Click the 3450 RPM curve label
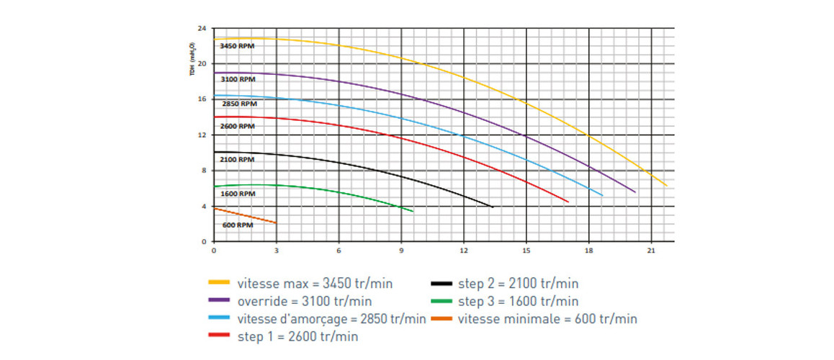pyautogui.click(x=237, y=46)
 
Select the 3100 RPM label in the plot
pyautogui.click(x=237, y=78)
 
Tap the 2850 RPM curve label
pyautogui.click(x=237, y=104)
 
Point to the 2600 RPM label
pyautogui.click(x=237, y=126)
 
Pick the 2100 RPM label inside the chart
pyautogui.click(x=237, y=160)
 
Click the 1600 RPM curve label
pyautogui.click(x=237, y=194)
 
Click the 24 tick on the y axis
pyautogui.click(x=202, y=29)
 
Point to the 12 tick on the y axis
pyautogui.click(x=202, y=135)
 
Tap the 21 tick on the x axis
pyautogui.click(x=651, y=251)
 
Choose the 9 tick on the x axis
pyautogui.click(x=401, y=251)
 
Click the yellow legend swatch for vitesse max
pyautogui.click(x=219, y=283)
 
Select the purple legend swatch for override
pyautogui.click(x=219, y=300)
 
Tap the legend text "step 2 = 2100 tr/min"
pyautogui.click(x=518, y=283)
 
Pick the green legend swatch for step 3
pyautogui.click(x=441, y=300)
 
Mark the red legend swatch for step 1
pyautogui.click(x=219, y=336)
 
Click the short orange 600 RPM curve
pyautogui.click(x=245, y=216)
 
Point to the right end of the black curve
pyautogui.click(x=492, y=207)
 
